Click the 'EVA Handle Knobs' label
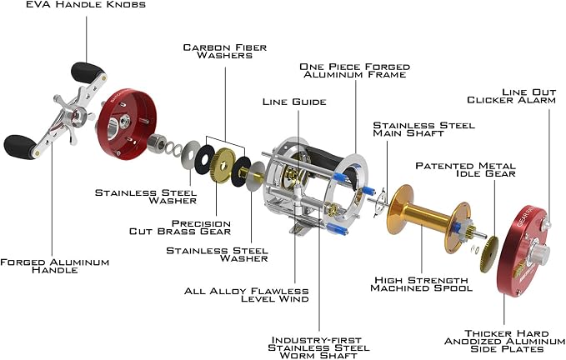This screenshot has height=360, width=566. (x=86, y=5)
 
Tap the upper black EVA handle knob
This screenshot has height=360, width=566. (x=87, y=72)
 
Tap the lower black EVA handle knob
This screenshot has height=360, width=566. (x=20, y=147)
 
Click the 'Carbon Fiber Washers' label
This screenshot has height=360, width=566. (x=225, y=51)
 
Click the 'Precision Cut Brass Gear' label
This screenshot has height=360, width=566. (x=180, y=227)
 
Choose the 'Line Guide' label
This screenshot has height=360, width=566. (x=294, y=102)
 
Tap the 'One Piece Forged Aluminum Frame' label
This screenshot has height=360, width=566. (x=355, y=71)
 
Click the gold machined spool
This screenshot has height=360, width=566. (x=428, y=217)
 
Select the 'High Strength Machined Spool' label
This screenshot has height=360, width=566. (x=421, y=284)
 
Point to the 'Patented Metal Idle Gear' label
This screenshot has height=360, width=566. (x=466, y=169)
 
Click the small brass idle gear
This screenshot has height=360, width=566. (x=489, y=255)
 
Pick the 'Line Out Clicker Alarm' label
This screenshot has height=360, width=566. (x=512, y=96)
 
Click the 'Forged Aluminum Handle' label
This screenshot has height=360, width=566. (x=54, y=266)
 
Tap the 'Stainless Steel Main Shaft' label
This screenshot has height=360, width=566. (x=423, y=129)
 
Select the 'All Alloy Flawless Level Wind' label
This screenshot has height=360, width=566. (x=247, y=295)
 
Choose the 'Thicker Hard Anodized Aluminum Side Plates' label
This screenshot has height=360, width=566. (x=504, y=341)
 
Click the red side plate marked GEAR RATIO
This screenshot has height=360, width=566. (x=524, y=251)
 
